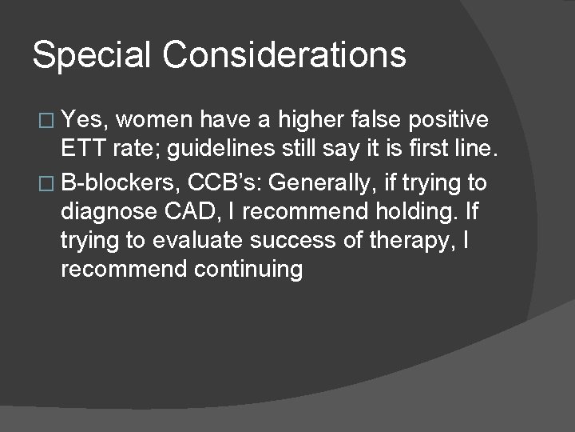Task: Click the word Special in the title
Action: (91, 56)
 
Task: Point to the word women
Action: (158, 120)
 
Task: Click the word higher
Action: (312, 120)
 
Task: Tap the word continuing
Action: (248, 270)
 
